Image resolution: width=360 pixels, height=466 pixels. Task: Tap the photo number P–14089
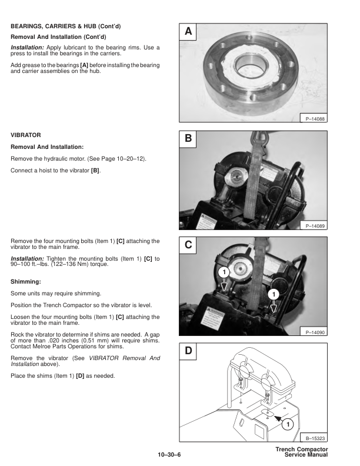pos(316,225)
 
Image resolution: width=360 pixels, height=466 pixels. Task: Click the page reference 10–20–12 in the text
pos(131,159)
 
